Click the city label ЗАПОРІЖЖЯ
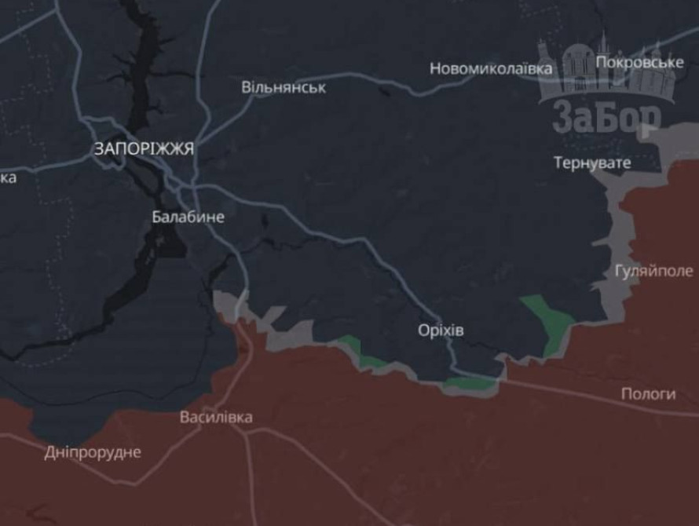coord(144,148)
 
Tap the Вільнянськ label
coord(284,86)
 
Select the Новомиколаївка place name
coord(490,69)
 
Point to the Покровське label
coord(639,62)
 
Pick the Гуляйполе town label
coord(654,271)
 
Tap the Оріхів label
coord(441,331)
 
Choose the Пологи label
coord(648,394)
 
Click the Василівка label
coord(216,417)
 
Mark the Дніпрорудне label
coord(93,452)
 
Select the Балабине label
coord(188,217)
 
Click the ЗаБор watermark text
coord(606,117)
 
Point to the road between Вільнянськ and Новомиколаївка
coord(377,82)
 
